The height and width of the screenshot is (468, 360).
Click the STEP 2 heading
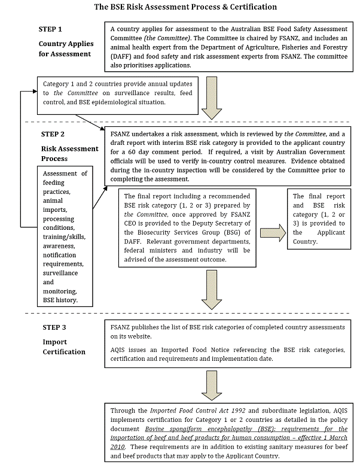coord(56,135)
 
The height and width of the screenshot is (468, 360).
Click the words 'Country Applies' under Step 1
coord(65,44)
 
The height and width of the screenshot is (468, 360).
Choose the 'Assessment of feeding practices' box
coord(66,236)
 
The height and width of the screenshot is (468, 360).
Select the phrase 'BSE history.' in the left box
coord(65,299)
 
